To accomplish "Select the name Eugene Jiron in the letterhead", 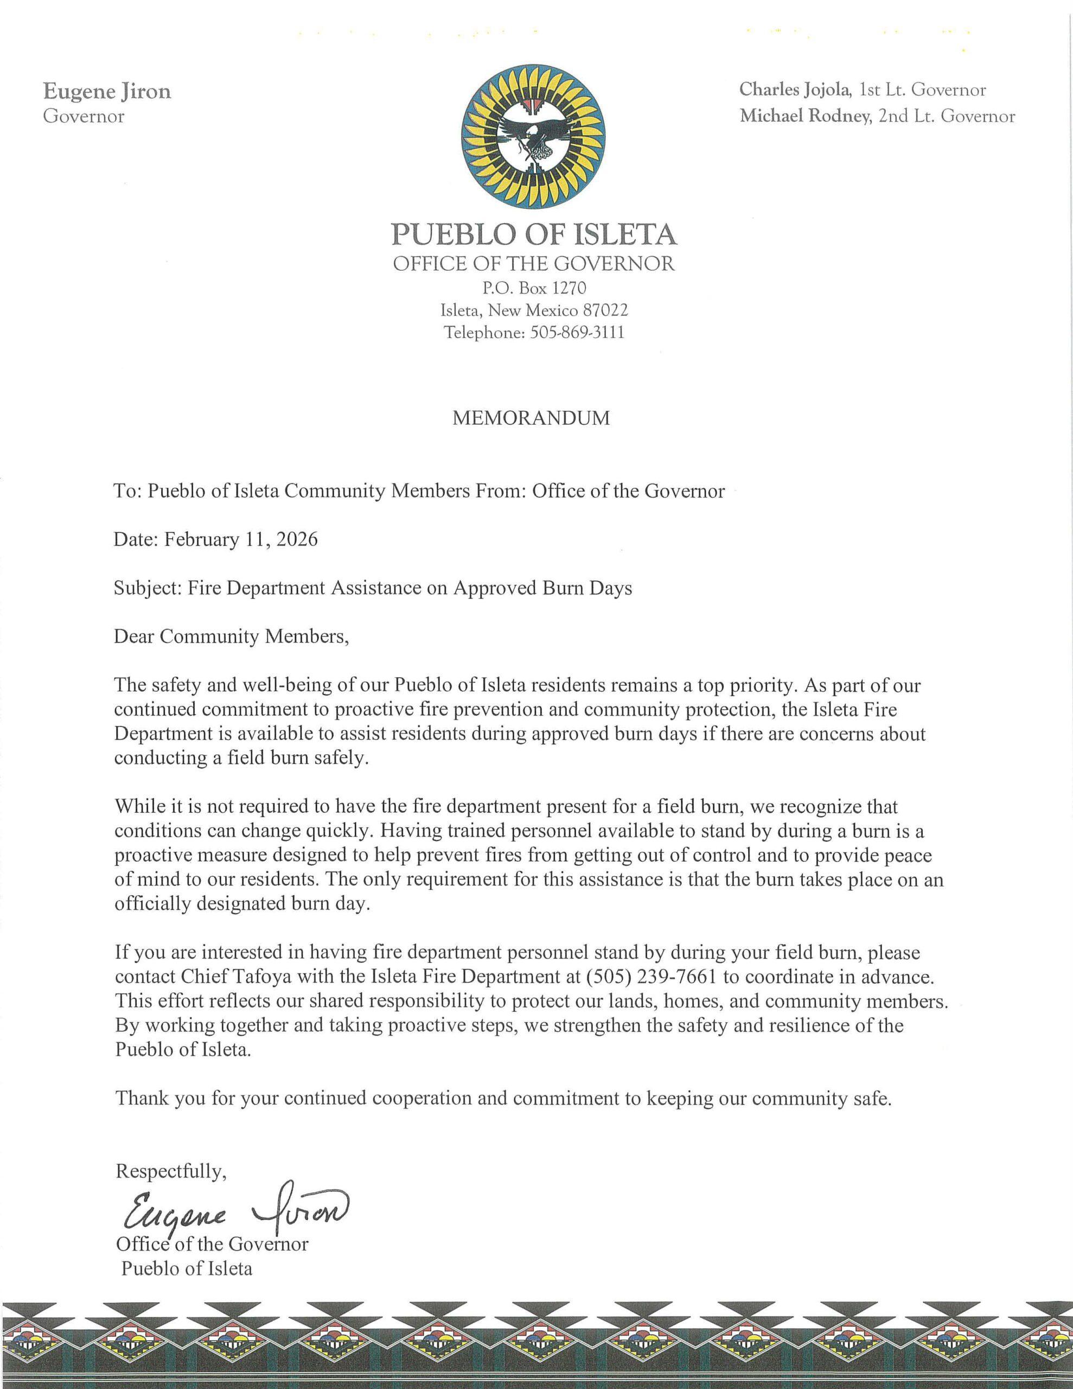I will click(107, 92).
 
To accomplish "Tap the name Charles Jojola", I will click(794, 90).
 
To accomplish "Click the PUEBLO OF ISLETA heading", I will click(534, 235).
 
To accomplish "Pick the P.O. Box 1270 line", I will click(534, 288).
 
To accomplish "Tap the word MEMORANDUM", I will click(531, 418).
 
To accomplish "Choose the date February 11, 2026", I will click(241, 539).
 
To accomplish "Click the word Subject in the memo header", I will click(148, 588).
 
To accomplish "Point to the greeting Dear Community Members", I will click(232, 636).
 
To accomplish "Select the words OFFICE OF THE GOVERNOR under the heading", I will click(534, 263).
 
